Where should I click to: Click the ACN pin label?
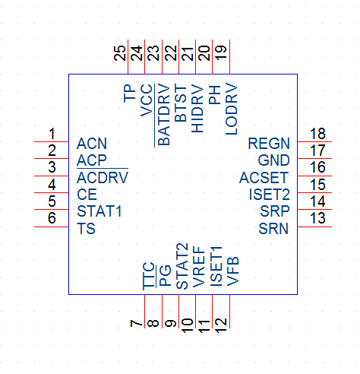click(92, 144)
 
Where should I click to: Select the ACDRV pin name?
click(103, 177)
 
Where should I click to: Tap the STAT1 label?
click(99, 211)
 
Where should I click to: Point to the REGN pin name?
click(269, 144)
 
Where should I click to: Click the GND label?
click(274, 160)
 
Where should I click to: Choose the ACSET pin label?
click(264, 177)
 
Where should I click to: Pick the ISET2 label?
click(270, 195)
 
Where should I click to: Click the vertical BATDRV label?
click(164, 115)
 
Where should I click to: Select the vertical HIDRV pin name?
click(197, 109)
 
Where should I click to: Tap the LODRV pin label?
click(231, 109)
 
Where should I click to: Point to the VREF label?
click(198, 267)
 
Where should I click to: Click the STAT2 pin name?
click(182, 266)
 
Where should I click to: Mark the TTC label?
click(149, 276)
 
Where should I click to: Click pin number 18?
click(318, 134)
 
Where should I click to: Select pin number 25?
click(120, 53)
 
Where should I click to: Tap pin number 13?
click(318, 218)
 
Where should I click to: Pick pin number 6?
click(52, 218)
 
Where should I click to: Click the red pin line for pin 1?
click(52, 141)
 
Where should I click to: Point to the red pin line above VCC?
click(144, 57)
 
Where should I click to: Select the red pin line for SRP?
click(314, 209)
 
